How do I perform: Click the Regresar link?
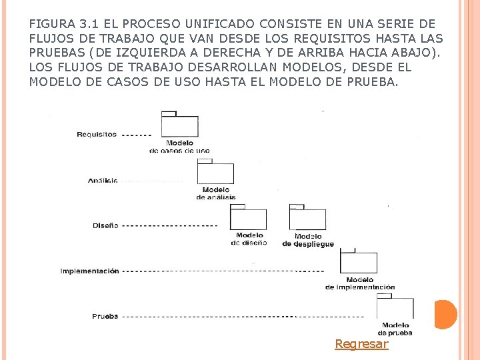pyautogui.click(x=361, y=344)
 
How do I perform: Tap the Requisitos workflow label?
pyautogui.click(x=97, y=135)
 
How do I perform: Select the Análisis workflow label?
pyautogui.click(x=103, y=181)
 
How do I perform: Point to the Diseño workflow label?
pyautogui.click(x=105, y=225)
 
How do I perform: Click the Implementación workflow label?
pyautogui.click(x=89, y=271)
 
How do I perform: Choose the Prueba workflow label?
pyautogui.click(x=105, y=316)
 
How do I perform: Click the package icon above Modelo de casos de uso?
pyautogui.click(x=179, y=125)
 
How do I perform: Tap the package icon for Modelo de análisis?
pyautogui.click(x=215, y=172)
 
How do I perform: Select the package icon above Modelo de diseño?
pyautogui.click(x=248, y=217)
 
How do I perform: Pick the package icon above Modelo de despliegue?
pyautogui.click(x=307, y=217)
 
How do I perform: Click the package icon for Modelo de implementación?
pyautogui.click(x=359, y=261)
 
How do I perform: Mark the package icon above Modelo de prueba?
pyautogui.click(x=395, y=308)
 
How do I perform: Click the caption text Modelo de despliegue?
pyautogui.click(x=308, y=240)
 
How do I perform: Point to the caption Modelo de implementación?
pyautogui.click(x=360, y=283)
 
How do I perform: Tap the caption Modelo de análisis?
pyautogui.click(x=215, y=193)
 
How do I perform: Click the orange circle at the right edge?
pyautogui.click(x=445, y=315)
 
